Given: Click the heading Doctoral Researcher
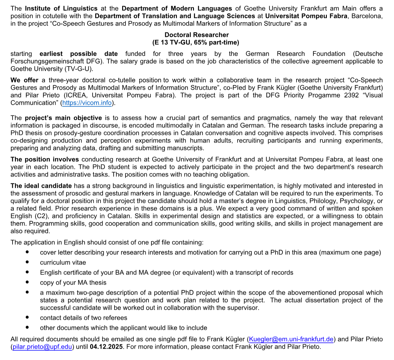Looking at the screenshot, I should (196, 35).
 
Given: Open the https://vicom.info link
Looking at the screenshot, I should (87, 103).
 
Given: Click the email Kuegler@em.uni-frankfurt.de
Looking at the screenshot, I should (291, 339).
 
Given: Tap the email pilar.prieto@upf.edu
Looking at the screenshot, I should (42, 347).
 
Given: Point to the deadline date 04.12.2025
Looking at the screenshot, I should (106, 347).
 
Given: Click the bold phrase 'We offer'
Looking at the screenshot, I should (24, 80).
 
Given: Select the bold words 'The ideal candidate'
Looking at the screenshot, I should (41, 186).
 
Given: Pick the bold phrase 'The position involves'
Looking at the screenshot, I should (45, 159).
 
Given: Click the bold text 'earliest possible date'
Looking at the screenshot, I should (78, 54).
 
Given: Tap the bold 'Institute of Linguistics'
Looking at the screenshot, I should (61, 9).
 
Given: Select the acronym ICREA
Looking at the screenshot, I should (75, 95).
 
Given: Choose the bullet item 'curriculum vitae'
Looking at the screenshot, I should (63, 262).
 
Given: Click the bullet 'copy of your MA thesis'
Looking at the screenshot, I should (73, 283).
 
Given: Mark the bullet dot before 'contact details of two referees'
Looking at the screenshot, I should (27, 318).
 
